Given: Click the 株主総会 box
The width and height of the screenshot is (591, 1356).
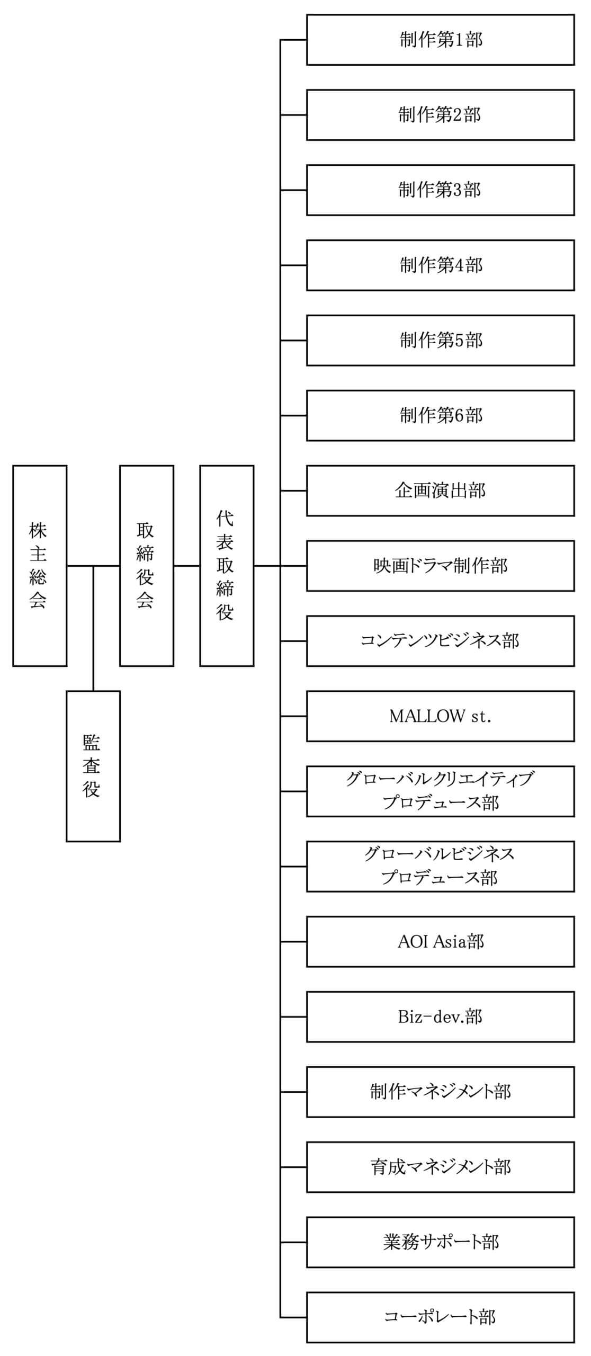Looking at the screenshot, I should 40,565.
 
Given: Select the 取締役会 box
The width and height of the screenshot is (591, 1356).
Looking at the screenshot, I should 147,565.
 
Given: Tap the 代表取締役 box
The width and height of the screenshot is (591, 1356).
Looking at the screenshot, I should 227,565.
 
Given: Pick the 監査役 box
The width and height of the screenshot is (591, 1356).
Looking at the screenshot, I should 93,766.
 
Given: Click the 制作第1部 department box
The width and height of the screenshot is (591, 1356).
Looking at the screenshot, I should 440,40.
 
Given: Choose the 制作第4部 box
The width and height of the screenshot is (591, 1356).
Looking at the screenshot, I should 440,265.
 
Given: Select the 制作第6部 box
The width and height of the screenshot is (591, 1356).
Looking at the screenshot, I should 440,415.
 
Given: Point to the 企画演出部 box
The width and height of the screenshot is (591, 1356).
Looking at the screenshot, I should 440,490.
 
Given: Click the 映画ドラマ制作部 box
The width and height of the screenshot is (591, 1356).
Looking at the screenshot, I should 440,566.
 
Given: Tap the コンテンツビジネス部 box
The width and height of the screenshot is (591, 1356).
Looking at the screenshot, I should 440,641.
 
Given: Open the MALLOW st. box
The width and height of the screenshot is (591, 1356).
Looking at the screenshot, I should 440,716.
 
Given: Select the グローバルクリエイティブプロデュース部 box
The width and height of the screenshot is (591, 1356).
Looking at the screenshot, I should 440,791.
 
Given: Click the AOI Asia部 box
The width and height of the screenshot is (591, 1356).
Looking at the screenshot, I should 440,941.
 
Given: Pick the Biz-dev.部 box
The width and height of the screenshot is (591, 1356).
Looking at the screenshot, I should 440,1016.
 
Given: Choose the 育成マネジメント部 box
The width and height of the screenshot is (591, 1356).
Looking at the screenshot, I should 440,1167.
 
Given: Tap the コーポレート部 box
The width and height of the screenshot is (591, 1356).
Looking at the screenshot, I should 440,1317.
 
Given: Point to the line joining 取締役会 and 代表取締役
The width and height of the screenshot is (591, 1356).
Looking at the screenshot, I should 187,566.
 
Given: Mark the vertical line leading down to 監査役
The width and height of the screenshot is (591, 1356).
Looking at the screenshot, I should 93,628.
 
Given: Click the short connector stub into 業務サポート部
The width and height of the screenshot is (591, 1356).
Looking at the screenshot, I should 293,1242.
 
